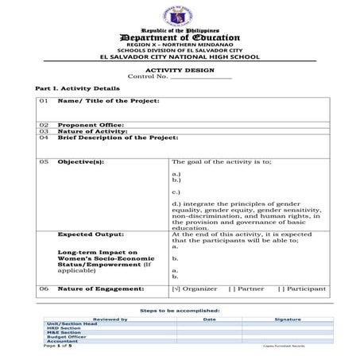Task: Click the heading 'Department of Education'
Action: pyautogui.click(x=180, y=37)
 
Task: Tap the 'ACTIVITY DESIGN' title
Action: pyautogui.click(x=180, y=70)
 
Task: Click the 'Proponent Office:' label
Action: pyautogui.click(x=91, y=125)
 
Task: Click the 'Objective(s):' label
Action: pyautogui.click(x=81, y=161)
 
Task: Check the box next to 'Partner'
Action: pyautogui.click(x=232, y=288)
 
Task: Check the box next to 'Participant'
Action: pyautogui.click(x=281, y=288)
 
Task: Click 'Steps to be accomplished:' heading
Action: pyautogui.click(x=180, y=310)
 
